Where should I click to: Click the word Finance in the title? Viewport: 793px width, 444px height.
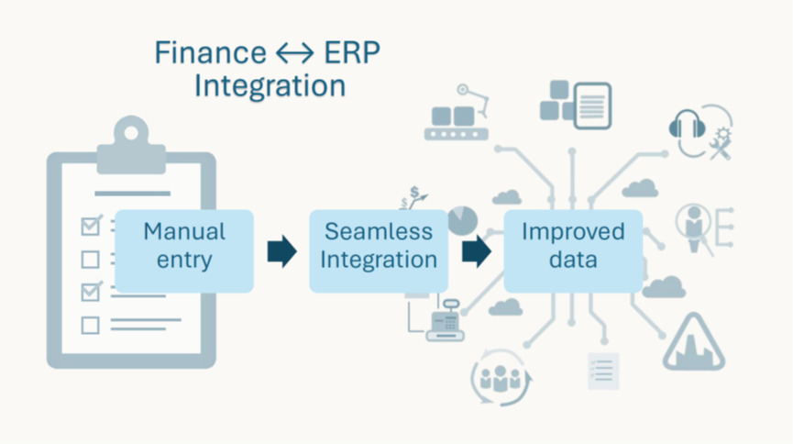click(210, 52)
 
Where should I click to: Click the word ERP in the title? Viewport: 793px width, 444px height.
click(352, 52)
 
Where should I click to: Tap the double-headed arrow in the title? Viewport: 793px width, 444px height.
click(295, 53)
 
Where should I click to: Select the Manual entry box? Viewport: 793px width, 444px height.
click(184, 251)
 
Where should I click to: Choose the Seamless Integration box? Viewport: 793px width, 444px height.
click(379, 251)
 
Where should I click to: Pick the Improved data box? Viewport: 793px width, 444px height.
click(573, 251)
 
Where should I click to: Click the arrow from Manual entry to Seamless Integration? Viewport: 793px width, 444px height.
click(281, 251)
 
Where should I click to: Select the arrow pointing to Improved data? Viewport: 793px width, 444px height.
click(477, 251)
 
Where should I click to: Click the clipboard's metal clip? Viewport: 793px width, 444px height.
click(131, 146)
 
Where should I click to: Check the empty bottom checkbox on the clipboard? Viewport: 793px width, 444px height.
click(90, 325)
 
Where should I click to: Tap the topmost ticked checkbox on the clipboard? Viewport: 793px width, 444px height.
click(91, 226)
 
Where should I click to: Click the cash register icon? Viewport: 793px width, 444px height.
click(445, 320)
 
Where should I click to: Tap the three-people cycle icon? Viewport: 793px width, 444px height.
click(501, 377)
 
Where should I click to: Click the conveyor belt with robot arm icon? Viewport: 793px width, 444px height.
click(457, 113)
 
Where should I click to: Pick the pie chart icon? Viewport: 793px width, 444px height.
click(463, 220)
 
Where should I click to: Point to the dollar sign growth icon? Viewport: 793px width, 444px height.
click(413, 198)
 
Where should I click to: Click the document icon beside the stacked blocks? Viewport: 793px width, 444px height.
click(593, 105)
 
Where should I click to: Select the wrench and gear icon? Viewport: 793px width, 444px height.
click(721, 144)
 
